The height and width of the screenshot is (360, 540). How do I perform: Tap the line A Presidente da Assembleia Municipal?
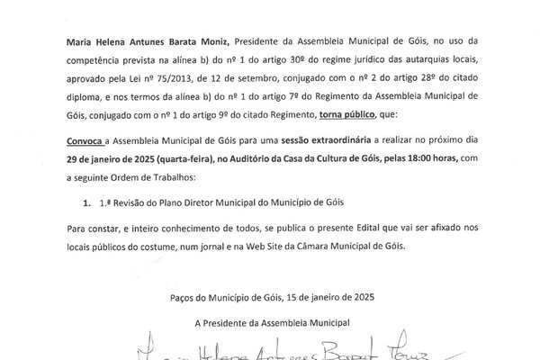269,321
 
